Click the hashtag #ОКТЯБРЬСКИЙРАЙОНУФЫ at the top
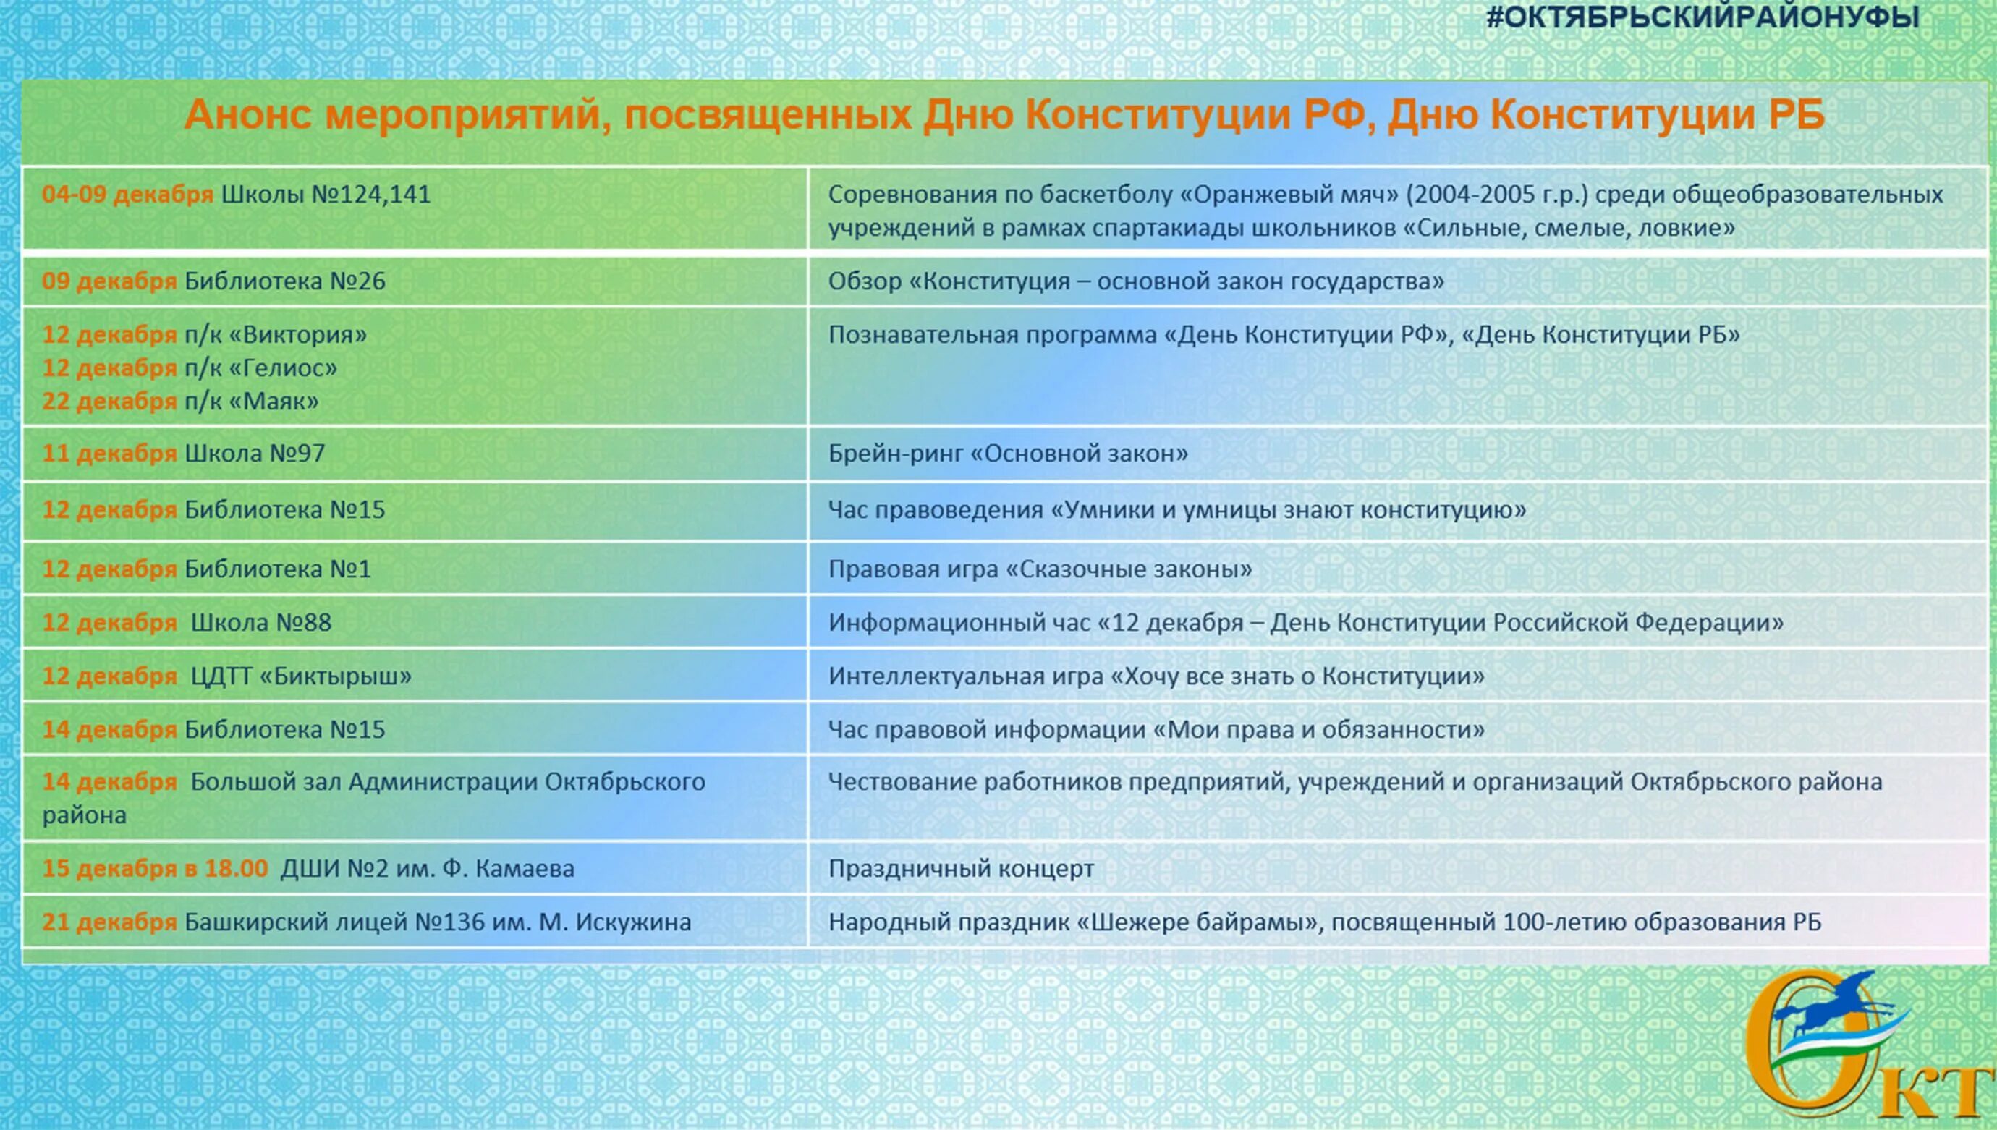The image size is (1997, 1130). click(x=1703, y=17)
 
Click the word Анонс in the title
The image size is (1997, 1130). click(x=247, y=115)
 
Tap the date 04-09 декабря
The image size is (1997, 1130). click(x=127, y=194)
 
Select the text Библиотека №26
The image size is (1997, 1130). click(x=284, y=281)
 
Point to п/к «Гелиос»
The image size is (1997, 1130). click(x=260, y=368)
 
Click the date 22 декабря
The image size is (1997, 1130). click(x=109, y=402)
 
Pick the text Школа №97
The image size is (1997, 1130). click(x=255, y=454)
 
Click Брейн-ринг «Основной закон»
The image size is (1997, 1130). click(x=1007, y=454)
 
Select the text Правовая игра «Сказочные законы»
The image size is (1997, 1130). click(x=1040, y=569)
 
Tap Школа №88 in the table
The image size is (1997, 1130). click(x=260, y=622)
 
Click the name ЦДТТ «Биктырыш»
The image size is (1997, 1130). click(x=301, y=676)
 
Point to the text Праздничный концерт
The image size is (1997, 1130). click(x=961, y=868)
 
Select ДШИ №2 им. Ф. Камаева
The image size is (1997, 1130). click(x=427, y=868)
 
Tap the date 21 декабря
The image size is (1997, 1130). click(x=109, y=922)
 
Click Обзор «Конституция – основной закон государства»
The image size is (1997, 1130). click(x=1135, y=281)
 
